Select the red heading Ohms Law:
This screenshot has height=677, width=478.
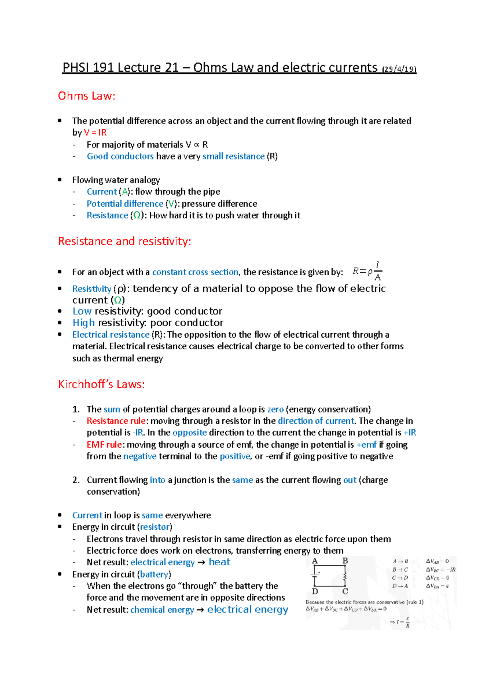[86, 96]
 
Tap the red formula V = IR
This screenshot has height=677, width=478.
[95, 132]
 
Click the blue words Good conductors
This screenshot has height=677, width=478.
[120, 156]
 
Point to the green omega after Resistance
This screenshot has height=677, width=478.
[137, 216]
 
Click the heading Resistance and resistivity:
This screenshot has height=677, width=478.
[124, 241]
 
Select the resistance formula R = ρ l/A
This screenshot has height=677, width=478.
[367, 272]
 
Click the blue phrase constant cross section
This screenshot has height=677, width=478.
[195, 272]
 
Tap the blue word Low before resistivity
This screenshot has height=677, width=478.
[82, 311]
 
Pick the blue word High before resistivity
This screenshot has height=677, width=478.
[84, 323]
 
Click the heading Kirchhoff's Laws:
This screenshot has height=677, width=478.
[101, 384]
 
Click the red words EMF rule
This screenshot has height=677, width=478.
[104, 445]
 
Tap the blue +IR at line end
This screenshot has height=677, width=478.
[409, 433]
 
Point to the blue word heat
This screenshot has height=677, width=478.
[219, 562]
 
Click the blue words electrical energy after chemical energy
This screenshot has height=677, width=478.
[247, 610]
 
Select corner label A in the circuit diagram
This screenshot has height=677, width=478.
[315, 561]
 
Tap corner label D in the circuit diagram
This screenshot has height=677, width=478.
[315, 592]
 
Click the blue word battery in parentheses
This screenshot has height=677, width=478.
[155, 575]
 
